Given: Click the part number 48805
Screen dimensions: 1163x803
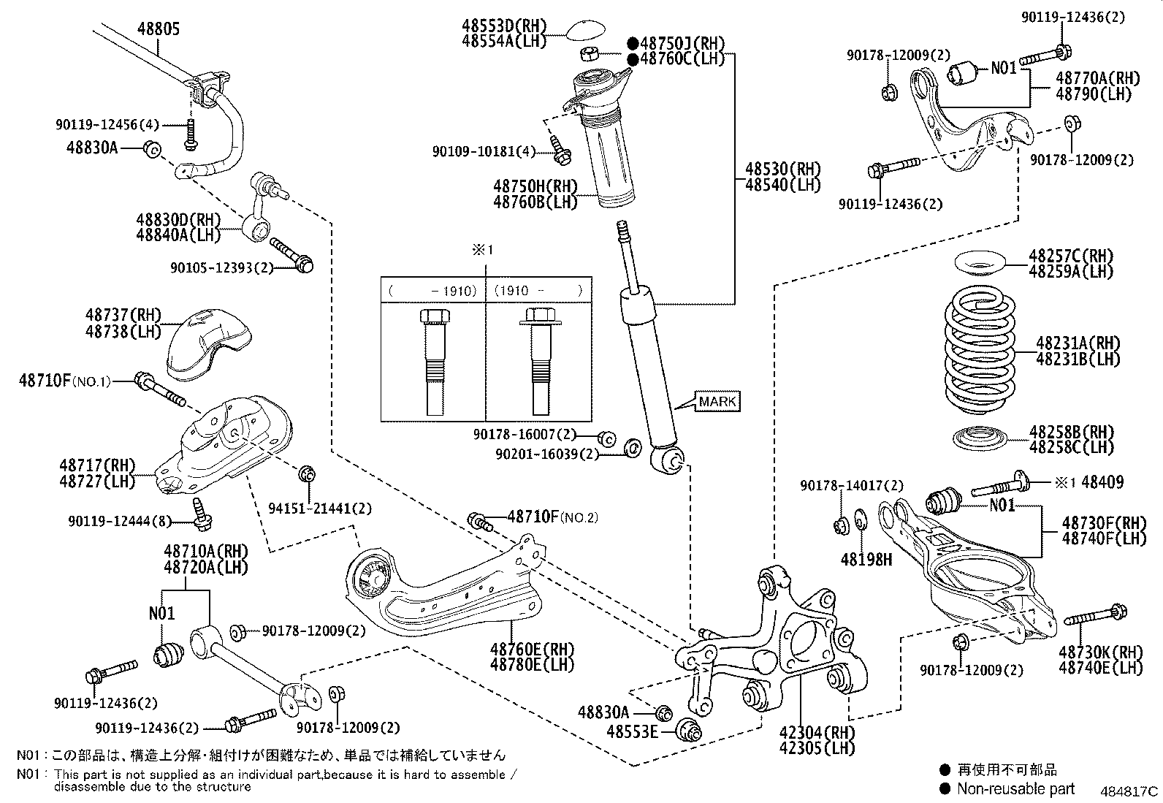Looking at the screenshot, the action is pyautogui.click(x=159, y=28).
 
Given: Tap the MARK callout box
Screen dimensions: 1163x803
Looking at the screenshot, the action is pyautogui.click(x=717, y=401).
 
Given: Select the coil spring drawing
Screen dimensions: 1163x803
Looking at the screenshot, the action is pyautogui.click(x=979, y=349).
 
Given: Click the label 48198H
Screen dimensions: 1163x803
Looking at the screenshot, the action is pyautogui.click(x=866, y=559).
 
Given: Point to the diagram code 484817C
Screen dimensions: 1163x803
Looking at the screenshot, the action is pyautogui.click(x=1129, y=791).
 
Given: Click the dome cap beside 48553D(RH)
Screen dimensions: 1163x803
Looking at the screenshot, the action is pyautogui.click(x=585, y=30).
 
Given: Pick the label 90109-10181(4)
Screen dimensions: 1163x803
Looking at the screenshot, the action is pyautogui.click(x=484, y=151).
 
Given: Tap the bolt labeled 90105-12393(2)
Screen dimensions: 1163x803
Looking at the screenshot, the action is pyautogui.click(x=291, y=255).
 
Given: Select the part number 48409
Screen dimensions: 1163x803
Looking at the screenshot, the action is pyautogui.click(x=1102, y=482).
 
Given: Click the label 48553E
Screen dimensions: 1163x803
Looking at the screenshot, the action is pyautogui.click(x=633, y=731).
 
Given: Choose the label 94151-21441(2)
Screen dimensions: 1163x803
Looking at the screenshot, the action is pyautogui.click(x=320, y=508).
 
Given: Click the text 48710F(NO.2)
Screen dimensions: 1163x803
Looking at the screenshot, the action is pyautogui.click(x=552, y=517).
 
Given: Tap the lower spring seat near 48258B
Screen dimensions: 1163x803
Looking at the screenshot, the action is pyautogui.click(x=980, y=438).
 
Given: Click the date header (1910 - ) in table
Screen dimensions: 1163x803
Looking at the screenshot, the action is pyautogui.click(x=538, y=290).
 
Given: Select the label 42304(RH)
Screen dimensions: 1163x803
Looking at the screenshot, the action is pyautogui.click(x=817, y=732).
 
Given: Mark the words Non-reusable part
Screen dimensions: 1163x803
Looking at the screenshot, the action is pyautogui.click(x=1015, y=788).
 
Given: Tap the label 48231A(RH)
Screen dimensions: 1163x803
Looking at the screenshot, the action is pyautogui.click(x=1078, y=343).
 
